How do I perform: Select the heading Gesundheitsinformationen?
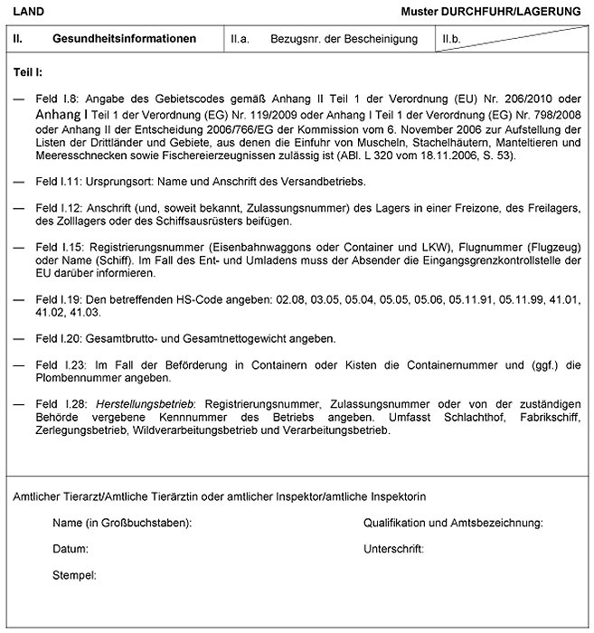tap(125, 40)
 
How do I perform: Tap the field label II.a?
tap(240, 40)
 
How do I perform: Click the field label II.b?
tap(451, 40)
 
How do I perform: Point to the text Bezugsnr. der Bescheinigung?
tap(343, 40)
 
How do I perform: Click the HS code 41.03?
tap(99, 312)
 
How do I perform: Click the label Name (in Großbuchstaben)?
tap(122, 523)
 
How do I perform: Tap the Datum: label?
tap(71, 549)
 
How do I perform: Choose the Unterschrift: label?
tap(393, 549)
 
